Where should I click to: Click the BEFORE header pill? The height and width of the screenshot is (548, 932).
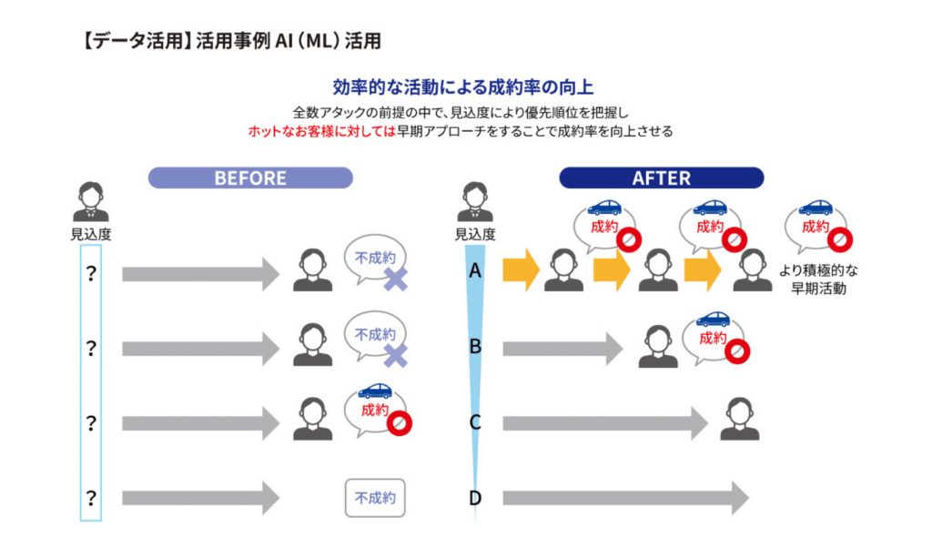pos(250,178)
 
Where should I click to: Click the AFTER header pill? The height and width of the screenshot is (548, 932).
pos(661,178)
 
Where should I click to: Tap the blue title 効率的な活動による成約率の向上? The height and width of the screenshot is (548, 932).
pos(463,87)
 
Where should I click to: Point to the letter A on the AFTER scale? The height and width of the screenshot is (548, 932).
pos(475,271)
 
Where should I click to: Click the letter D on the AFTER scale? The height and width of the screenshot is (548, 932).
pos(475,498)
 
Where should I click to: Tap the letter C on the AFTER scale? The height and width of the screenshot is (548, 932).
pos(475,422)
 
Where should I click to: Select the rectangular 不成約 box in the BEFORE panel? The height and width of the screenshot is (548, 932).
pos(375,498)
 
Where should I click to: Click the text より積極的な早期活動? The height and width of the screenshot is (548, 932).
pos(819,279)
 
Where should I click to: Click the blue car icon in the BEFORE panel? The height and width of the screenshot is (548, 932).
pos(375,391)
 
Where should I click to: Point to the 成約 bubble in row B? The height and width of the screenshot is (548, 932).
pos(715,337)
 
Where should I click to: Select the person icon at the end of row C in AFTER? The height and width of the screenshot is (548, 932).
pos(739,420)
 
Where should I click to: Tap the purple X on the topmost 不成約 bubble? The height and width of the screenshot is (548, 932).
pos(395,280)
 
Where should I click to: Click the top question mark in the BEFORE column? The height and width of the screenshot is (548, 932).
pos(91,272)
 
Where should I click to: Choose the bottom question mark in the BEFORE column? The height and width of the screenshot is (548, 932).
pos(91,498)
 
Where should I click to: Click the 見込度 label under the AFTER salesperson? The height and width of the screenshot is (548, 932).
pos(475,235)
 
